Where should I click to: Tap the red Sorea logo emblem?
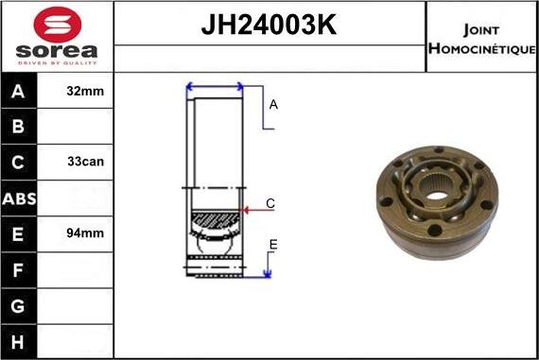(x=57, y=25)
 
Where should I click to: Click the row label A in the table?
(x=19, y=92)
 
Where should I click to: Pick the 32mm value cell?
(x=86, y=92)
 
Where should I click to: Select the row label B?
(x=19, y=127)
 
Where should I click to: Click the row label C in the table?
(x=19, y=162)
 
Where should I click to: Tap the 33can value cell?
(x=86, y=162)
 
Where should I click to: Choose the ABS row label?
(x=19, y=197)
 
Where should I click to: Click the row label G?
(x=19, y=305)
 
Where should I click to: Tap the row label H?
(x=19, y=340)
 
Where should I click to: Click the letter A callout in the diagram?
(x=273, y=105)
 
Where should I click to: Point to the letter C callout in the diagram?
(x=270, y=203)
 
